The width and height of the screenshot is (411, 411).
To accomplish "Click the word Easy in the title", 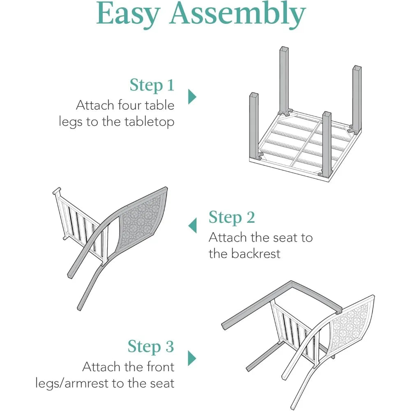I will (x=129, y=14).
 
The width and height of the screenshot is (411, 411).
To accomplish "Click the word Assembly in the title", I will (x=238, y=14).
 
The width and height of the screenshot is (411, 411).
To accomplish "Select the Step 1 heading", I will (x=152, y=85).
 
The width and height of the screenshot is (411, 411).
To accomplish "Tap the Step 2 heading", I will (x=232, y=217).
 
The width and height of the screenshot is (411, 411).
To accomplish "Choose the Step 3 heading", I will (x=151, y=346).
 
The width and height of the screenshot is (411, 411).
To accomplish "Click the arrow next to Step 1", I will (x=192, y=97).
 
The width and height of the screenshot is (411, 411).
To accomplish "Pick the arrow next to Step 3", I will (x=192, y=358).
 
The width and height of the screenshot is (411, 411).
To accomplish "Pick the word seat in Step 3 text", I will (x=162, y=383).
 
